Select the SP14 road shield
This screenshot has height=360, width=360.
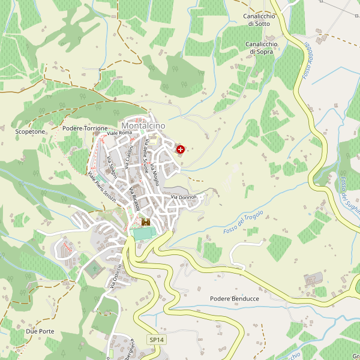click(x=157, y=340)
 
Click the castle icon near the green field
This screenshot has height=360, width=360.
click(x=145, y=222)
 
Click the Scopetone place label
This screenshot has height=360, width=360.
click(x=28, y=130)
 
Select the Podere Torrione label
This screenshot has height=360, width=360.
click(x=85, y=128)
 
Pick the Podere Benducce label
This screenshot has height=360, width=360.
click(x=235, y=298)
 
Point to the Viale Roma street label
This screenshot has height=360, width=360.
click(x=119, y=132)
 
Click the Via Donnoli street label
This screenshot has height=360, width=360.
click(x=183, y=197)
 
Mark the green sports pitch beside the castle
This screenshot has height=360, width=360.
click(x=143, y=233)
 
